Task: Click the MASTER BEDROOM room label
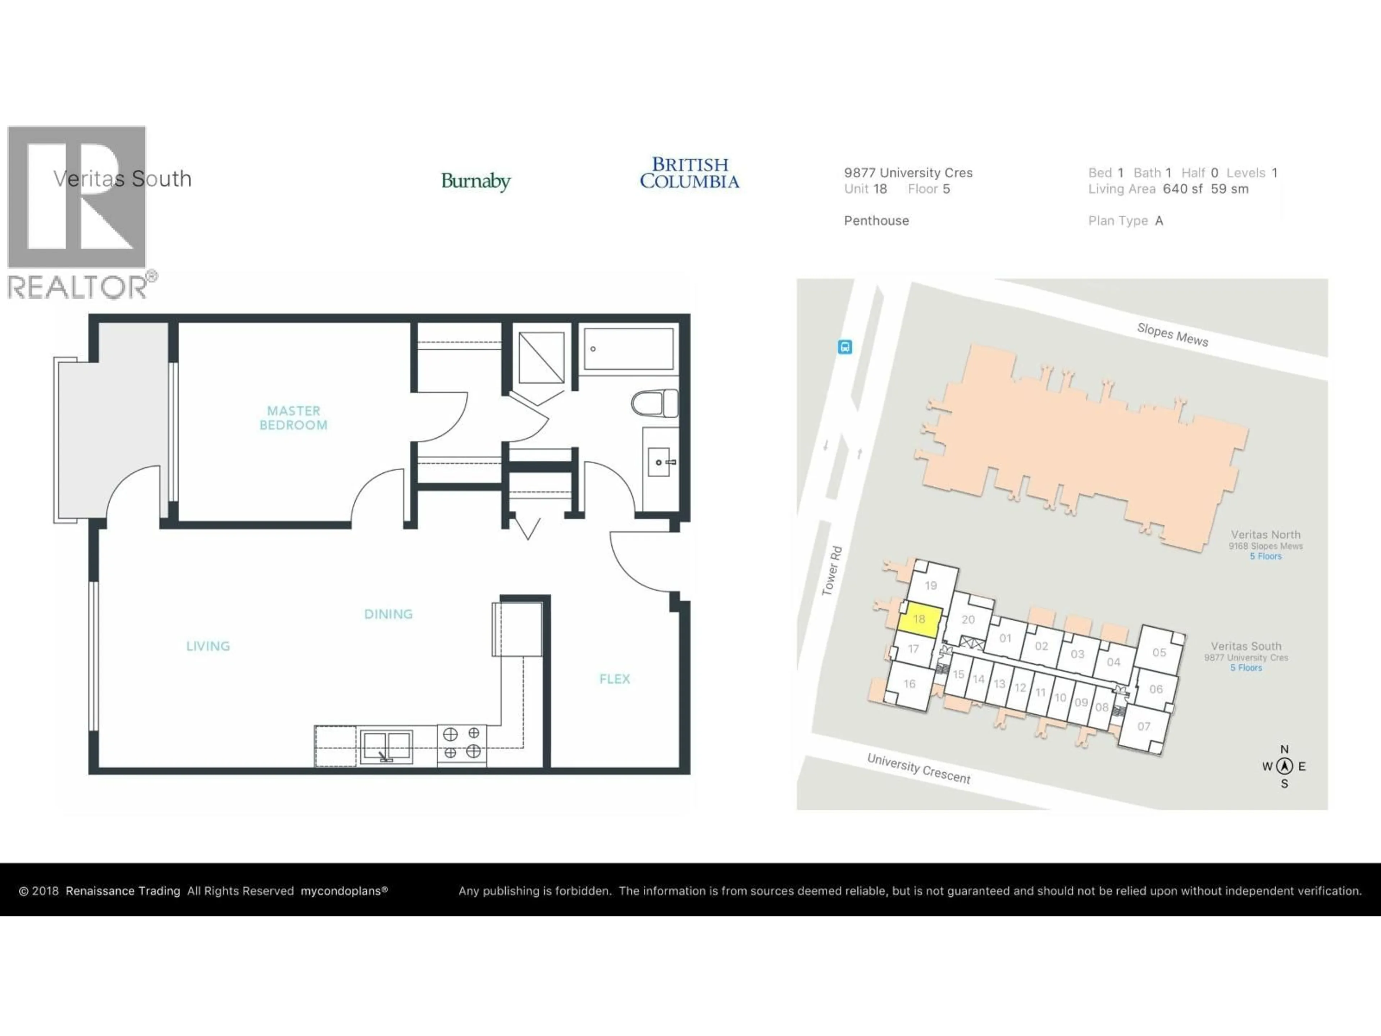click(293, 418)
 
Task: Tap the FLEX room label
click(614, 679)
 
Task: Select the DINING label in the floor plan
click(388, 614)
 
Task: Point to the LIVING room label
click(208, 646)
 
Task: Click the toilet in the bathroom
click(654, 403)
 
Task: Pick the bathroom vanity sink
click(659, 462)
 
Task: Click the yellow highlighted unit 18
click(919, 620)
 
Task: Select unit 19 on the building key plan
click(931, 585)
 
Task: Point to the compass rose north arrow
click(1284, 765)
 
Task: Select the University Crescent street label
click(919, 769)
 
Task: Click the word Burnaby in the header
click(476, 181)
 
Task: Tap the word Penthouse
click(876, 221)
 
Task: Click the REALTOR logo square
click(77, 197)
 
